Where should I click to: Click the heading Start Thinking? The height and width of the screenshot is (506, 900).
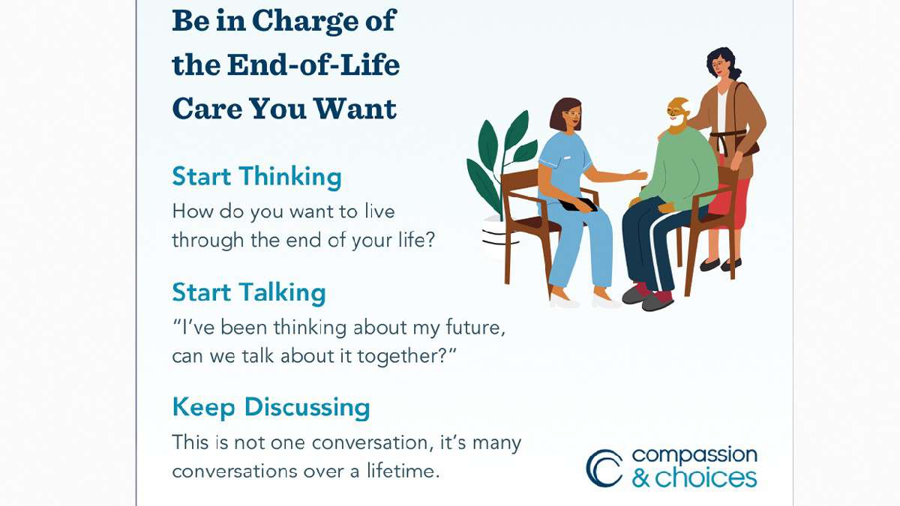coord(256,177)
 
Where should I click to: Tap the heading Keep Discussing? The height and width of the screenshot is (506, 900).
coord(271,408)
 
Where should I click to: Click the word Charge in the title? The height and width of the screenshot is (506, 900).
coord(305,21)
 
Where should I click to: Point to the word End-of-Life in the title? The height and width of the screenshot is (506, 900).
coord(313,65)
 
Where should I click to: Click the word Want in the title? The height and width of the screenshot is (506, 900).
coord(355,109)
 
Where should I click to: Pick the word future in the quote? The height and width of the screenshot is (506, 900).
coord(475,328)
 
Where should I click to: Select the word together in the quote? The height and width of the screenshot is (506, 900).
coord(407,356)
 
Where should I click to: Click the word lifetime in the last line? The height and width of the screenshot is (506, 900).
coord(403,471)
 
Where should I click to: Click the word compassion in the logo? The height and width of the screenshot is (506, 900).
coord(694,456)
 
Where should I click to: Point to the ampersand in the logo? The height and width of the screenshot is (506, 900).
coord(641,477)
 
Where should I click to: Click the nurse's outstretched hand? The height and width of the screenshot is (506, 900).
coord(638,175)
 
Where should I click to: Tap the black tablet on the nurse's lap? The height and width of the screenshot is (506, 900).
coord(577,205)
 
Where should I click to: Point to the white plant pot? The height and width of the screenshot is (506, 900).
coord(496,237)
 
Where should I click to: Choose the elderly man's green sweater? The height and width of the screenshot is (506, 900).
coord(683,169)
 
